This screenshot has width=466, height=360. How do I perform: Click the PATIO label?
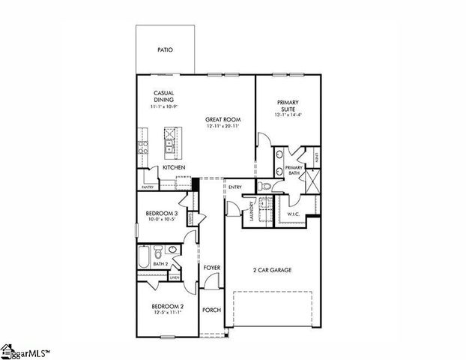tap(165, 50)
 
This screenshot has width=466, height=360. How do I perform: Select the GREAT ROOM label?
tap(222, 119)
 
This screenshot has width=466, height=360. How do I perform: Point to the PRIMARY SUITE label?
tap(288, 106)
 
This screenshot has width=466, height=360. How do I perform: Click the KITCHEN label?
tap(174, 167)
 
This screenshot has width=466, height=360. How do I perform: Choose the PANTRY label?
tap(148, 187)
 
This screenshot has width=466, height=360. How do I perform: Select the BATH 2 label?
tap(160, 263)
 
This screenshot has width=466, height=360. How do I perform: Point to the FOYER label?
tap(211, 267)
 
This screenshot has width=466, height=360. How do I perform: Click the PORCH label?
tap(211, 310)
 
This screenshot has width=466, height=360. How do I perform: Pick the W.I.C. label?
tap(294, 214)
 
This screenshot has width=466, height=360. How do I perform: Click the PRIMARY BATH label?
tap(294, 171)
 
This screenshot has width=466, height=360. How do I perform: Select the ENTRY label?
tap(234, 187)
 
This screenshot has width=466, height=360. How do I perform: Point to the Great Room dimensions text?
tap(222, 127)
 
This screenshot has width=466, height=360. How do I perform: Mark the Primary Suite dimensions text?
tap(288, 115)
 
